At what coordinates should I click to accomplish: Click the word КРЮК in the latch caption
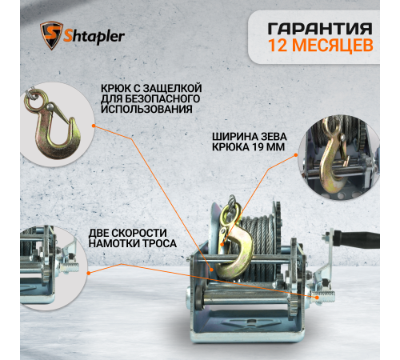click(x=118, y=86)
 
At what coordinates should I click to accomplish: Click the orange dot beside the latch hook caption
click(x=95, y=125)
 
